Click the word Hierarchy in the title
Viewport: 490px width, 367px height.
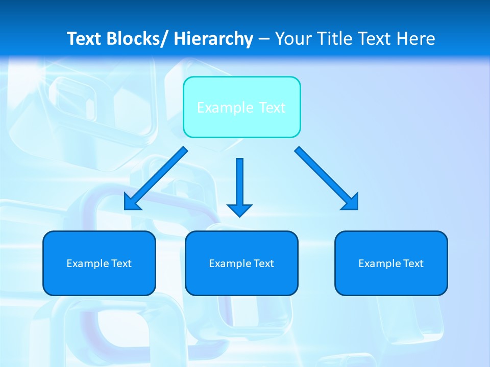[213, 39]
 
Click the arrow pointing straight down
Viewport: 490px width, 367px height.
[239, 186]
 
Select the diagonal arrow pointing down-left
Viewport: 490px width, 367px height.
[156, 178]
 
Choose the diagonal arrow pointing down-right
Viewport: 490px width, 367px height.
[327, 178]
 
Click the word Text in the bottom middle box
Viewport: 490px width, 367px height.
[263, 264]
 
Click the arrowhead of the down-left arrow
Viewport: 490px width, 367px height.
[131, 203]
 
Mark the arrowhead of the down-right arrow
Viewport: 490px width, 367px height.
[351, 202]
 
